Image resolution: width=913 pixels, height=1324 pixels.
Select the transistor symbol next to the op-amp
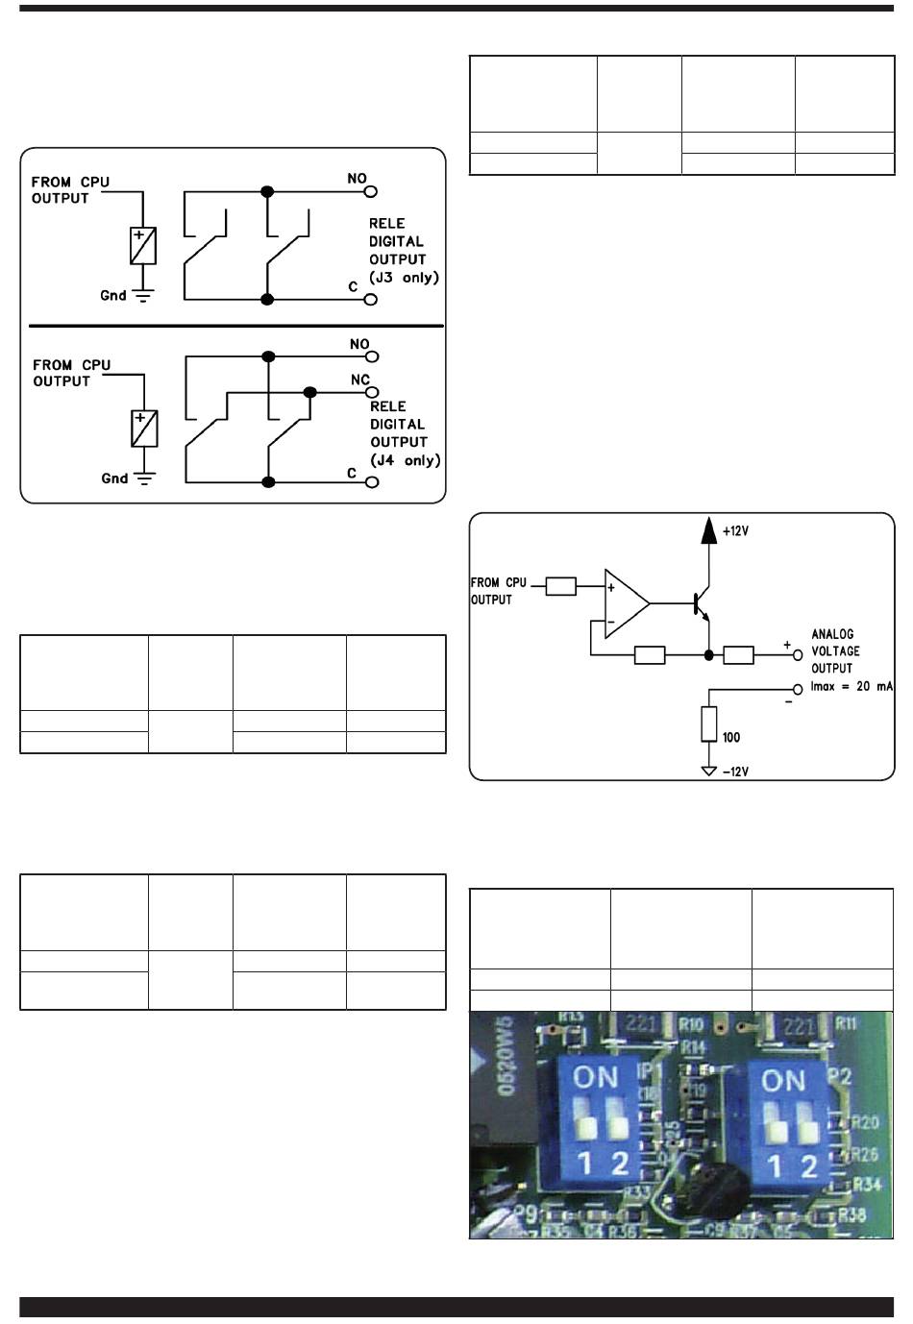coord(701,603)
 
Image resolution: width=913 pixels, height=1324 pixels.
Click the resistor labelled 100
coord(709,723)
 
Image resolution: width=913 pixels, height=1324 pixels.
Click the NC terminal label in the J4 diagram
coord(360,380)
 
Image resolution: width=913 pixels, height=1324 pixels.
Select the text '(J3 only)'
coord(404,278)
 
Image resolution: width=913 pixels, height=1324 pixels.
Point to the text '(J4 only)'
coord(406,460)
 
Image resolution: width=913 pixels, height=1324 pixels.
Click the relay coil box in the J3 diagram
coord(142,246)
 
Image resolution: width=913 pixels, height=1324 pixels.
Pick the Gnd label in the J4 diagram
coord(114,478)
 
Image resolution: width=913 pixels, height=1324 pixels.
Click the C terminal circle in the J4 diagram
coord(372,482)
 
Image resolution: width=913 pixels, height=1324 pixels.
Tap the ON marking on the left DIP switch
coord(596,1077)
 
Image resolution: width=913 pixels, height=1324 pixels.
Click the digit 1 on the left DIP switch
coord(584,1165)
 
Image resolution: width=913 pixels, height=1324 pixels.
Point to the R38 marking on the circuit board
coord(852,1215)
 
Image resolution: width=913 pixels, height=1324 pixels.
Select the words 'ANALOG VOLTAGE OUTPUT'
coord(835,651)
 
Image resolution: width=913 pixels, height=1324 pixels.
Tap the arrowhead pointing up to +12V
coord(708,529)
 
